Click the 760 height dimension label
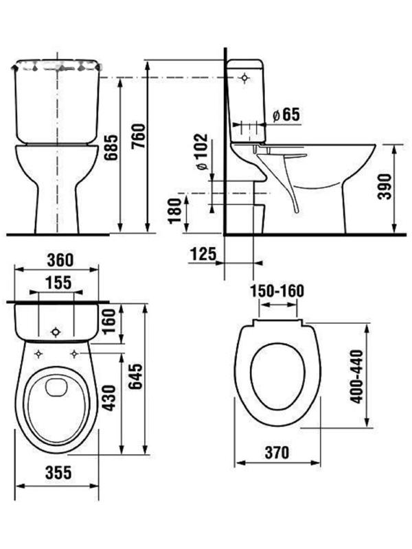139,135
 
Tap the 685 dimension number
112,147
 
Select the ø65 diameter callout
286,114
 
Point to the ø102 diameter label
202,152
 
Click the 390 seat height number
385,186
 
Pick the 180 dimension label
175,211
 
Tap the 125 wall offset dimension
203,253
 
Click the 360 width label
60,260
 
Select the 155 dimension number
58,283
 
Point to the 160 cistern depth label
108,321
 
